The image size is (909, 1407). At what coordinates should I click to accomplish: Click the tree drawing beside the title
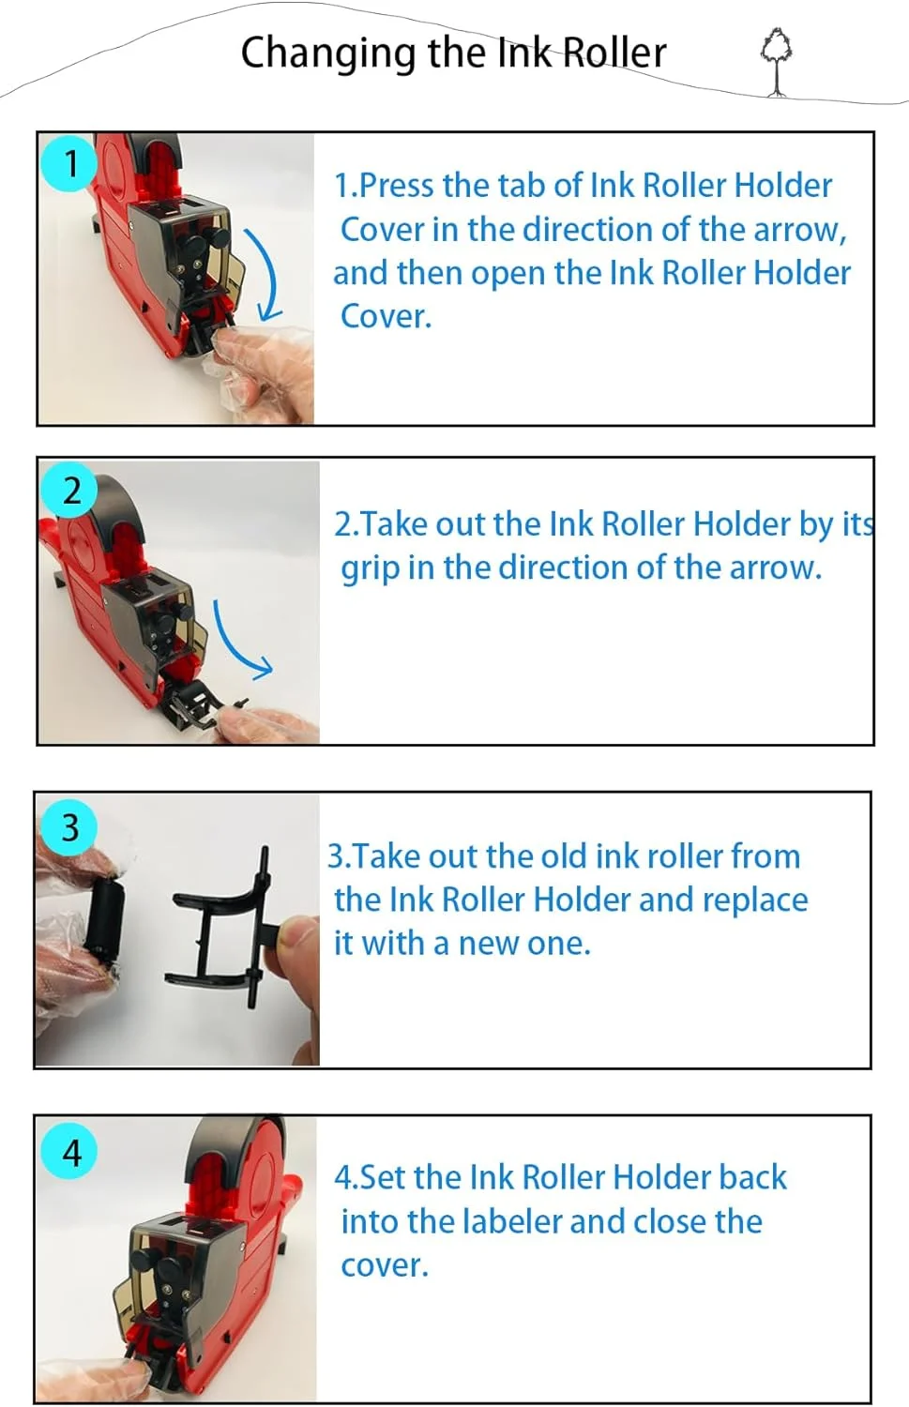(777, 63)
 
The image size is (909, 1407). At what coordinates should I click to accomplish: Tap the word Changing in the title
(328, 55)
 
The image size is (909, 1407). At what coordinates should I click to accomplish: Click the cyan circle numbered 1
(69, 163)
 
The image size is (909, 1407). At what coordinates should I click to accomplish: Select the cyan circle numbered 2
(70, 490)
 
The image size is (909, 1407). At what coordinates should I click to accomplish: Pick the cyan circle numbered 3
(70, 826)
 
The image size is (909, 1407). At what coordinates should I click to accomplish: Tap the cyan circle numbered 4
(70, 1153)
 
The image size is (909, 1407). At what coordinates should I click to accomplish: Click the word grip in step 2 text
(371, 569)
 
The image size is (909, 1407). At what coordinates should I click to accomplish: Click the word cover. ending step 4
(385, 1266)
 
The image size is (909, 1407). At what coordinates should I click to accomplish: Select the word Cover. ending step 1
(386, 316)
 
